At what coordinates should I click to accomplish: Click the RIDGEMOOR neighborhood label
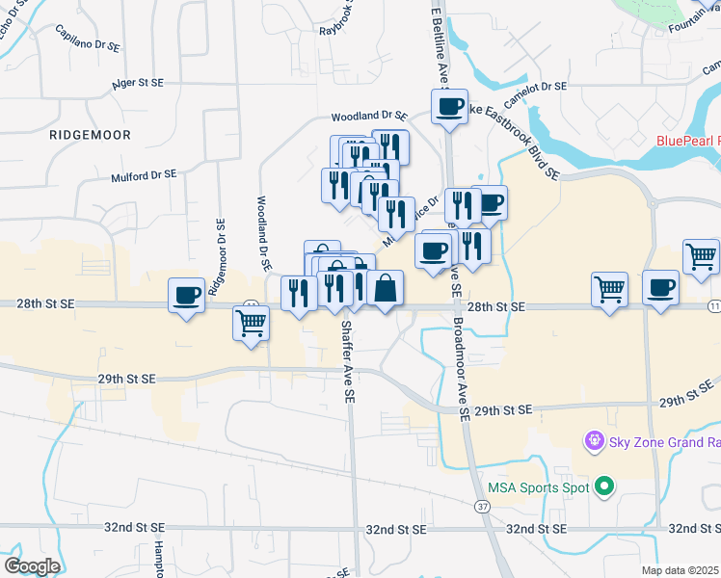(x=89, y=136)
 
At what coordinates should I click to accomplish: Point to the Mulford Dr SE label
(x=144, y=175)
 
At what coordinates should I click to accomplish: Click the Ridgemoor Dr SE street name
(x=221, y=250)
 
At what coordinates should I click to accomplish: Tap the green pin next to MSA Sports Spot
(x=605, y=487)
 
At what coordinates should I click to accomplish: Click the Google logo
(x=32, y=566)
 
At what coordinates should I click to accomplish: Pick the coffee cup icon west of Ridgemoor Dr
(x=187, y=294)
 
